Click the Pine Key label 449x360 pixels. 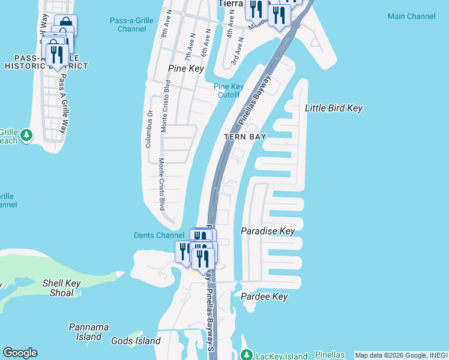click(x=186, y=68)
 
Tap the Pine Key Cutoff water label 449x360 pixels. click(x=228, y=91)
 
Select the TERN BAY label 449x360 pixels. click(x=245, y=137)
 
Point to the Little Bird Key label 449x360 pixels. click(x=334, y=108)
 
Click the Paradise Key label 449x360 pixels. click(x=268, y=231)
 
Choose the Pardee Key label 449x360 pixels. click(x=264, y=296)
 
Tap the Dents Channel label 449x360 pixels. click(x=158, y=235)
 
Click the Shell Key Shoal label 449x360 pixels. click(x=58, y=288)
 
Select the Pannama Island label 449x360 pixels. click(x=89, y=332)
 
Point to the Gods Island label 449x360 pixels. click(x=136, y=341)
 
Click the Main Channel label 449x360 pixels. click(x=412, y=16)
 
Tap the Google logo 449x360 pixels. click(x=20, y=353)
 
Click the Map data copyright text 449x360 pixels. click(x=401, y=355)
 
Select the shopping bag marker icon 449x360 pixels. click(x=66, y=25)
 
